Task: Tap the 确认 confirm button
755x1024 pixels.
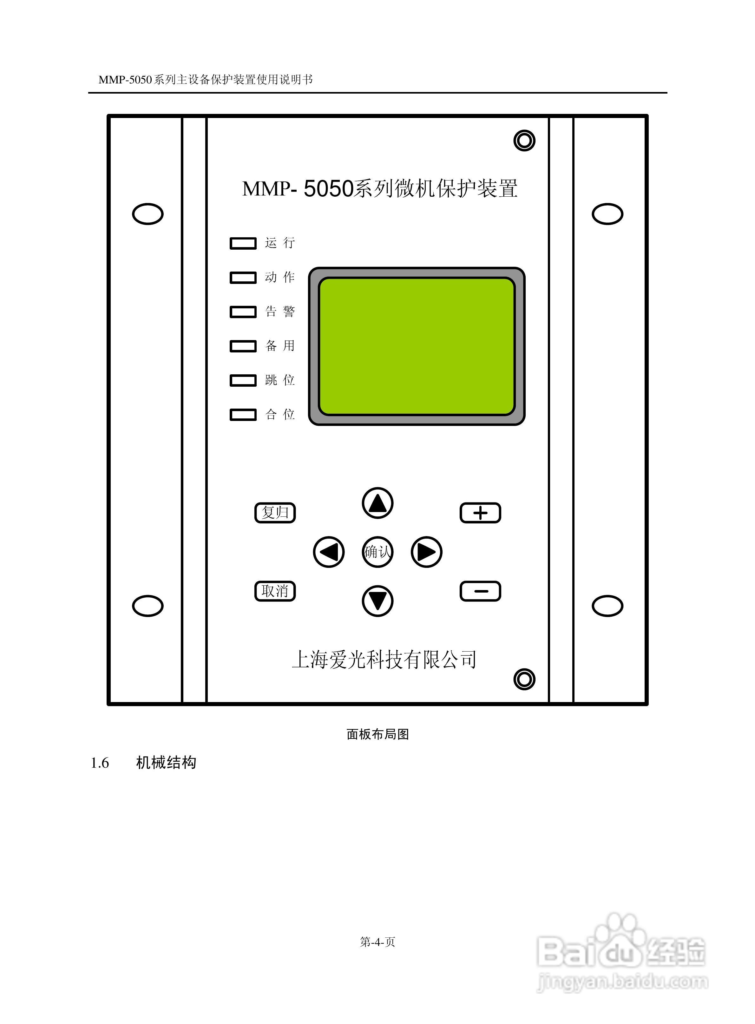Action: point(377,552)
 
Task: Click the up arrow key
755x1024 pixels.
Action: point(377,503)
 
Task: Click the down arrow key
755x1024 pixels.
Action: point(377,601)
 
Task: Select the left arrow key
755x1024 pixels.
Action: point(329,552)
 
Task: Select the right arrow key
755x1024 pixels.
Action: point(426,552)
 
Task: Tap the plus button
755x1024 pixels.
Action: point(480,513)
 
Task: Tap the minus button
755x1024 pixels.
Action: point(480,591)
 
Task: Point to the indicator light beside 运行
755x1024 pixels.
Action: point(243,243)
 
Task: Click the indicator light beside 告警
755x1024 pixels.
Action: point(243,312)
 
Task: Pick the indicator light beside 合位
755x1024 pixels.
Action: point(243,414)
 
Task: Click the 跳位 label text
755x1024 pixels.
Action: point(280,380)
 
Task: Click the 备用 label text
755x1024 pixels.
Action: point(280,346)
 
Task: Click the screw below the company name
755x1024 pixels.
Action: point(524,679)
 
